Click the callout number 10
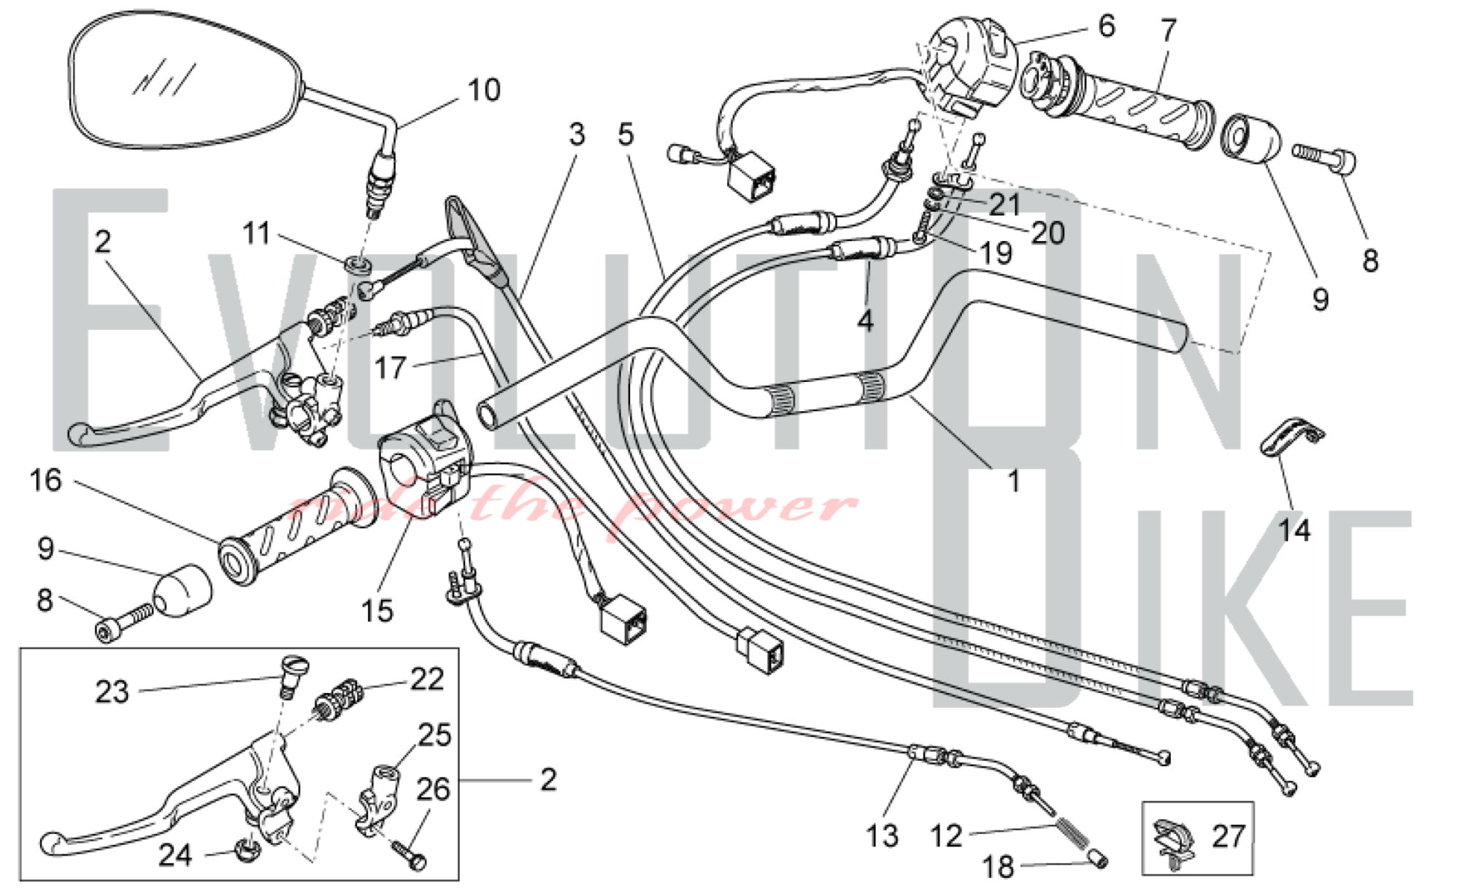(484, 91)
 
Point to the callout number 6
(1107, 26)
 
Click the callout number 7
(1169, 31)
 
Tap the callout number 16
(45, 481)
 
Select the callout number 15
(377, 611)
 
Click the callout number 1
(1013, 481)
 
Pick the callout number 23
(112, 692)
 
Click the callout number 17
(391, 367)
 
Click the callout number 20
(1048, 233)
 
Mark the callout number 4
(865, 320)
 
